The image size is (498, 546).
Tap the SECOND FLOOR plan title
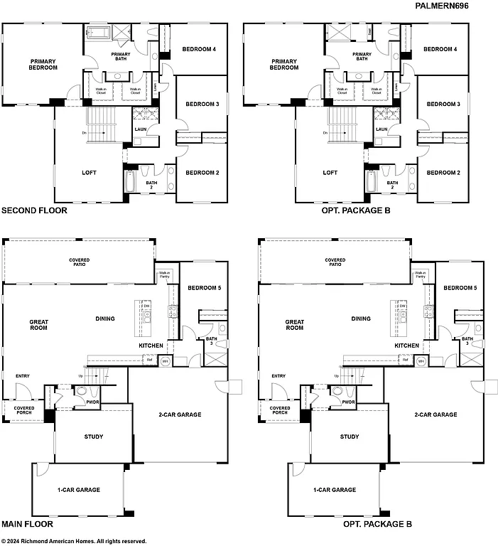[34, 210]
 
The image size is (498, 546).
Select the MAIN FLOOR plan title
[27, 524]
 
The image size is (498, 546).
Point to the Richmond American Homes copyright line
[74, 540]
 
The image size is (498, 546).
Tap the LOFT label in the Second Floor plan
[89, 172]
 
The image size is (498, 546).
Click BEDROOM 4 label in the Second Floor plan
[200, 49]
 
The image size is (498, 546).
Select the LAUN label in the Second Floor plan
[140, 129]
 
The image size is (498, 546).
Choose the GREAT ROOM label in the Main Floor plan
[38, 325]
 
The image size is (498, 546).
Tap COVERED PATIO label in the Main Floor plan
[79, 262]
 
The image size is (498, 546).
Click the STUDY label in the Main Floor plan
[93, 437]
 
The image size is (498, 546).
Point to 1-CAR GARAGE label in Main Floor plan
[78, 489]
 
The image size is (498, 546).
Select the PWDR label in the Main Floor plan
[92, 402]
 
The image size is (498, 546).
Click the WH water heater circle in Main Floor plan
[166, 361]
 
